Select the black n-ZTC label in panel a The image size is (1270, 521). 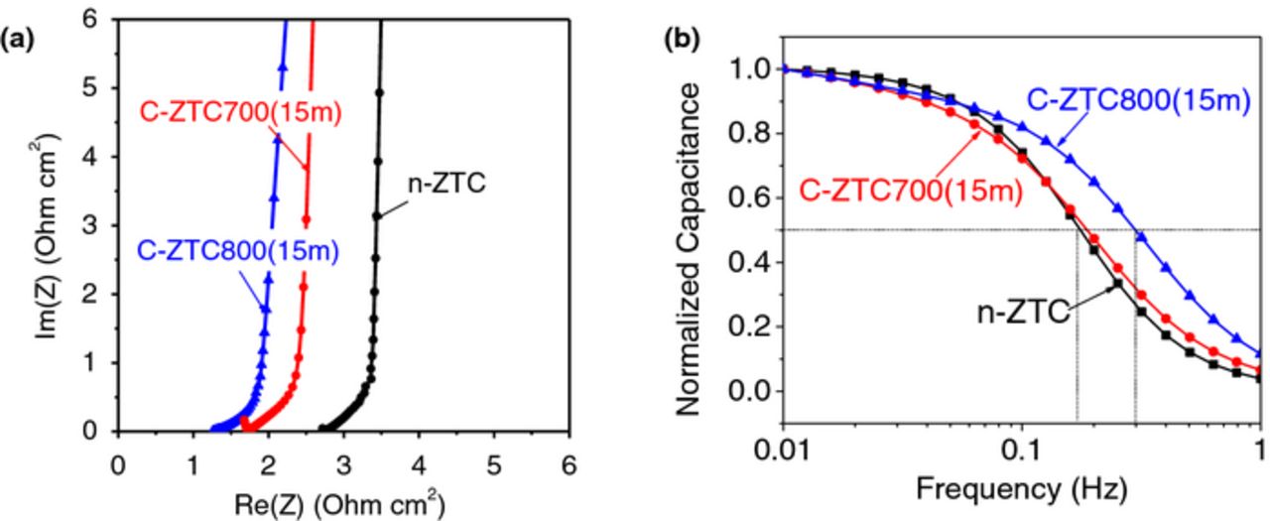[446, 183]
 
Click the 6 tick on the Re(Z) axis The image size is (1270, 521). [568, 461]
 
